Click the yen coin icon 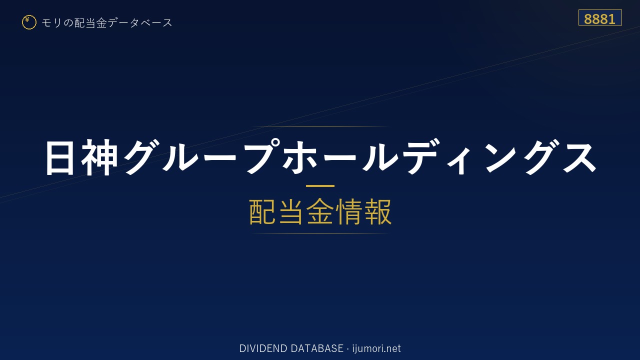29,22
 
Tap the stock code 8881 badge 600,17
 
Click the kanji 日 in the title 59,157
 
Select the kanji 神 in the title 99,157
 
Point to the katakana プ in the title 261,156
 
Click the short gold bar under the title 320,186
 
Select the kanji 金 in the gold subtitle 320,211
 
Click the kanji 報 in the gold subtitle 377,211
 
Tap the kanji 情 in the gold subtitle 349,211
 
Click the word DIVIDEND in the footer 263,348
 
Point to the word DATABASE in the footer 317,348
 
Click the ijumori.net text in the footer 376,348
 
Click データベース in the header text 140,22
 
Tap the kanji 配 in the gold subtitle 262,211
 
